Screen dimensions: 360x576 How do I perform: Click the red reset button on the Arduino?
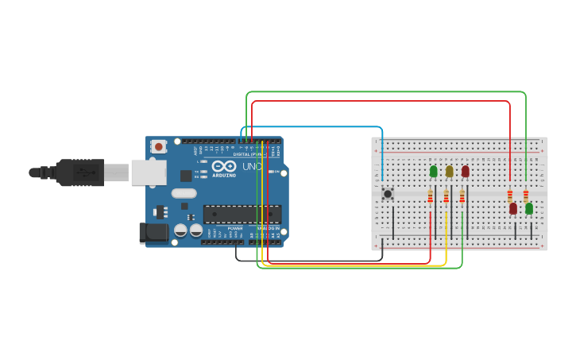159,146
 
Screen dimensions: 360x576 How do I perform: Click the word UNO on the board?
252,167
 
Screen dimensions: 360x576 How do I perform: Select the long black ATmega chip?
242,214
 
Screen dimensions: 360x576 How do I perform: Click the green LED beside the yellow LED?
433,171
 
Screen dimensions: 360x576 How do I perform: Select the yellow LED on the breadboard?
449,171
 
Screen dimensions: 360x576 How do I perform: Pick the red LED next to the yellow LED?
465,171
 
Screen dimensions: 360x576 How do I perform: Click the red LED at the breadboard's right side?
513,208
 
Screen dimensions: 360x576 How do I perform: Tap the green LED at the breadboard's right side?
529,208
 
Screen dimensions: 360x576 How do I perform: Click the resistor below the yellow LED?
446,196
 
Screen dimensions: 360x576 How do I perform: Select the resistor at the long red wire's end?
510,195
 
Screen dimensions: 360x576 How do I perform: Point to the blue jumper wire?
318,127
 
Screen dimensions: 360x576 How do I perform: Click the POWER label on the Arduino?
235,228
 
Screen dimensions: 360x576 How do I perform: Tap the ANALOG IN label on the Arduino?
266,228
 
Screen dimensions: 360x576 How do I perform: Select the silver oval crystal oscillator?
184,192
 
